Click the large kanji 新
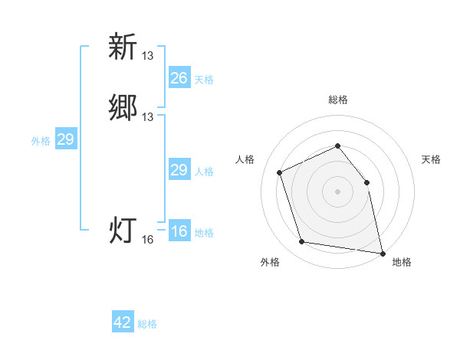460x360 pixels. pos(123,47)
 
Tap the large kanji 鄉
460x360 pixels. pos(123,106)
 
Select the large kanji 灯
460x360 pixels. pos(123,230)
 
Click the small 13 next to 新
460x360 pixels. pos(148,55)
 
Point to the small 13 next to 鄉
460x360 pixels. pos(148,116)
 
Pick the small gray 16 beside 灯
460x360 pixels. pos(148,240)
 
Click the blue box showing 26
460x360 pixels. pos(179,78)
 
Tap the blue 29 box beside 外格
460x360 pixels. pos(65,139)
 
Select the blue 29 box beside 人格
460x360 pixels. pos(179,170)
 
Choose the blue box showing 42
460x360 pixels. pos(123,322)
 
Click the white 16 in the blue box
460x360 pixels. pos(179,231)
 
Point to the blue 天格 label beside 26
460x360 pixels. pos(204,80)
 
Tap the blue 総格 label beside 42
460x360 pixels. pos(147,324)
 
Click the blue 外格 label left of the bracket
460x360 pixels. pos(41,141)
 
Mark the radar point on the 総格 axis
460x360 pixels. pos(337,146)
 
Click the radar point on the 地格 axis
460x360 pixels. pos(381,252)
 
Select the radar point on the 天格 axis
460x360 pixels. pos(366,182)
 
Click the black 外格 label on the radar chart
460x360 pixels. pos(270,262)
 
